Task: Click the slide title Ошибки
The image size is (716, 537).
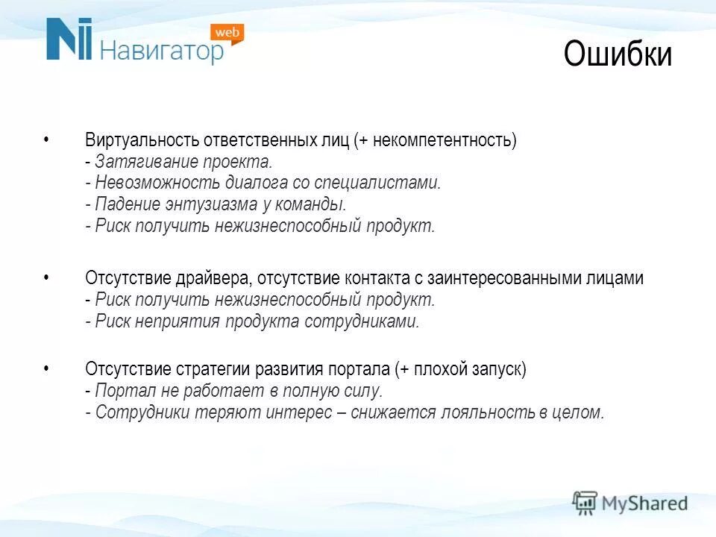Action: pos(618,55)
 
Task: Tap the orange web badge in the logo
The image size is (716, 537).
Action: pos(227,33)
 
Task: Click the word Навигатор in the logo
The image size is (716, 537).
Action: pos(161,51)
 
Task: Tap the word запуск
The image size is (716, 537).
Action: pos(497,369)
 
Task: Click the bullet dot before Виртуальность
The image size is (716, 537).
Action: pos(46,139)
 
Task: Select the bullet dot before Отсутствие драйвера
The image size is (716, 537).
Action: pos(46,277)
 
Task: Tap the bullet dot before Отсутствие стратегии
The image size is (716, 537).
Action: pos(46,368)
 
